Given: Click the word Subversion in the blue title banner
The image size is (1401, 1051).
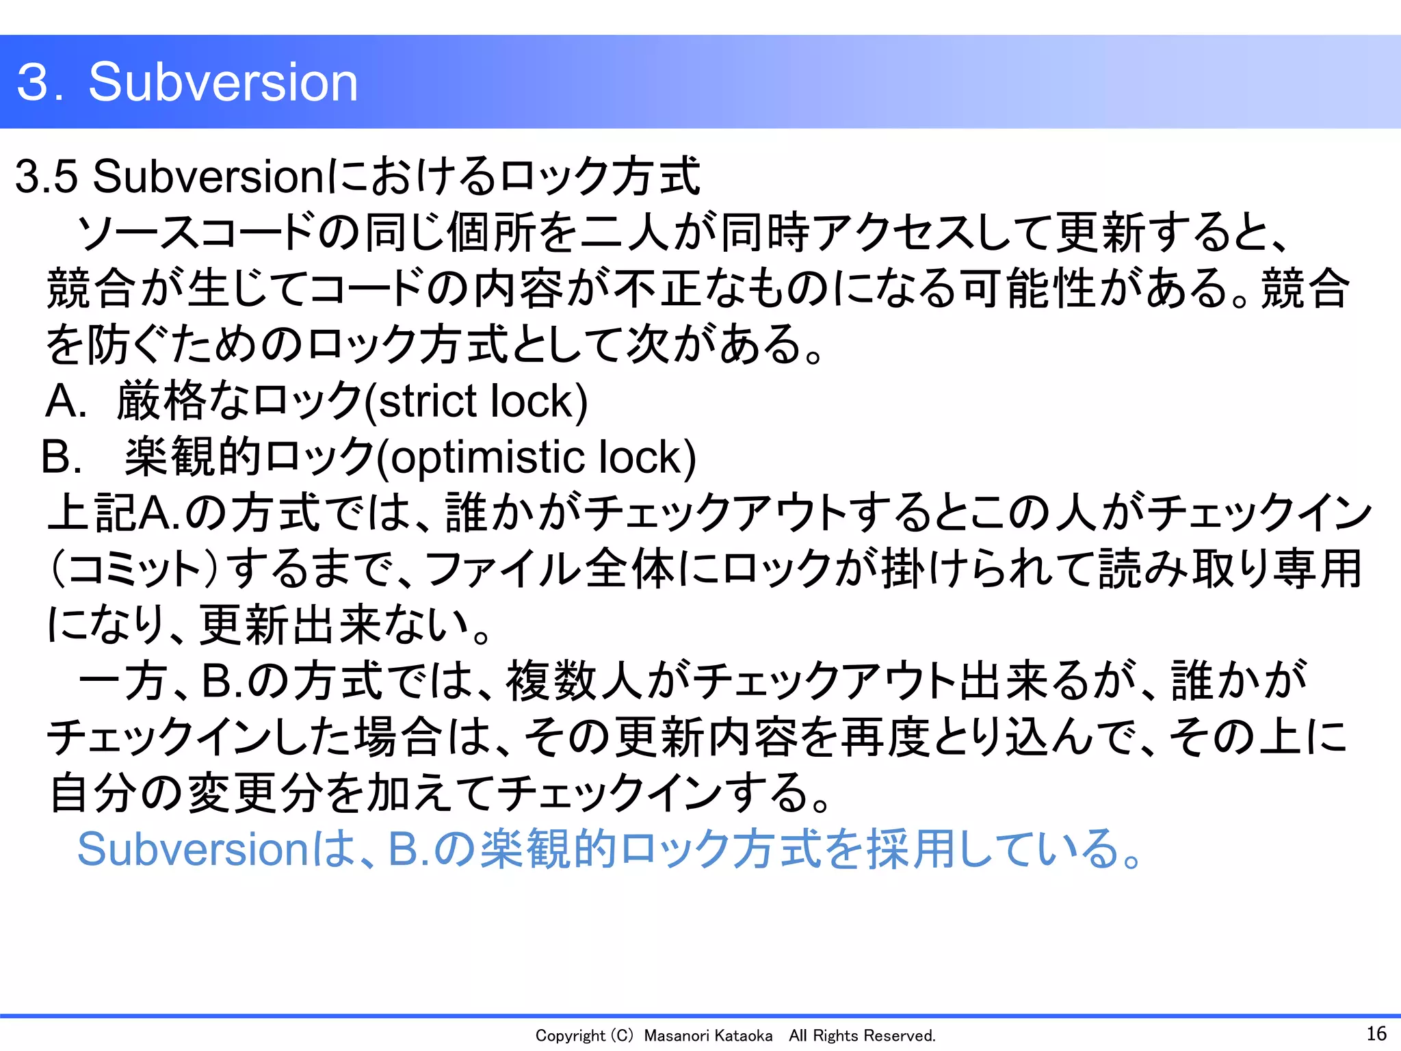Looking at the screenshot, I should pos(223,82).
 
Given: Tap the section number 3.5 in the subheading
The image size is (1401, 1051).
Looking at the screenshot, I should pos(47,177).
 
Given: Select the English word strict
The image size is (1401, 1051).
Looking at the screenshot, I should pos(428,401).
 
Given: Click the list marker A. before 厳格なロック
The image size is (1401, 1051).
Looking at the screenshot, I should pos(66,401).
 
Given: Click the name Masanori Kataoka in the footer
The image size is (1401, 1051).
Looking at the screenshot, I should pos(708,1036).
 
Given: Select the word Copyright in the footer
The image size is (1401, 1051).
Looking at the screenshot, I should pos(570,1036).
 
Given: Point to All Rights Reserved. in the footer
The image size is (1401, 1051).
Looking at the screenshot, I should pos(862,1036).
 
